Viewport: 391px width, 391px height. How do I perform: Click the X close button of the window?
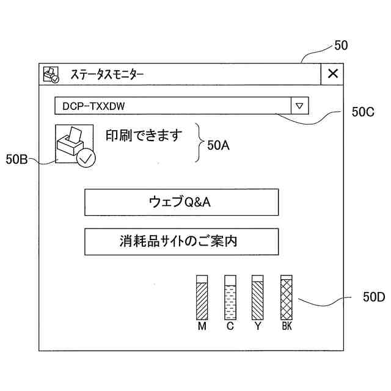click(332, 74)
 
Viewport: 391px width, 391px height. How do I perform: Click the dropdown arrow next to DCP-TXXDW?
click(299, 106)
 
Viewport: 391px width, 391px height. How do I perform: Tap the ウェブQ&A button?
click(181, 202)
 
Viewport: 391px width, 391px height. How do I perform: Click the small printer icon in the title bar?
click(51, 75)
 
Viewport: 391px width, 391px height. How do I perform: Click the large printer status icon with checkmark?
click(75, 145)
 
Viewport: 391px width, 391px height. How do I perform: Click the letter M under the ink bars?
click(202, 326)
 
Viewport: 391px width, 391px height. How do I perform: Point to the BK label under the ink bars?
click(287, 326)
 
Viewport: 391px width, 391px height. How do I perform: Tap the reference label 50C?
click(363, 112)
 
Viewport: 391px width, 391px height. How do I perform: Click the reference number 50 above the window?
click(342, 45)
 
